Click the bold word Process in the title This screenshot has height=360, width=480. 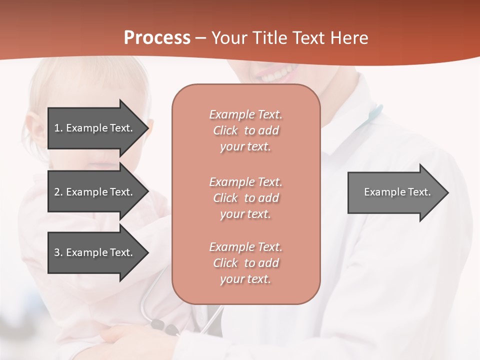(x=157, y=38)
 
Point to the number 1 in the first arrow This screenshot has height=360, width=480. (x=57, y=128)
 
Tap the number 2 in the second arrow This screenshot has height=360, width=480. (x=57, y=192)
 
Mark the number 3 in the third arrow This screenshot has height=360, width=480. (x=57, y=252)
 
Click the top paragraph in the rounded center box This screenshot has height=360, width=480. (x=245, y=130)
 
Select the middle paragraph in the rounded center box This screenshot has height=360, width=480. (x=245, y=197)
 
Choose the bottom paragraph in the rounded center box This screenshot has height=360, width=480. (x=245, y=263)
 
